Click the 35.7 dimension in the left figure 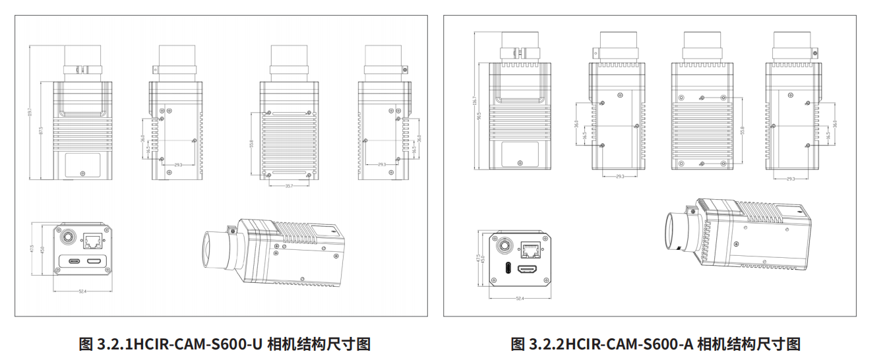289,186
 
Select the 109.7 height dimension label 30,113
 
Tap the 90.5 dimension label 480,116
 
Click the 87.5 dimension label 41,131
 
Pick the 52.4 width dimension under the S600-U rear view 82,291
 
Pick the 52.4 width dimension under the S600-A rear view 519,299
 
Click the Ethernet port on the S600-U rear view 92,240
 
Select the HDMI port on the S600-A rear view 529,269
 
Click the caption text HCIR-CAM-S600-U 199,344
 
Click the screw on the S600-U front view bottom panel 82,173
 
